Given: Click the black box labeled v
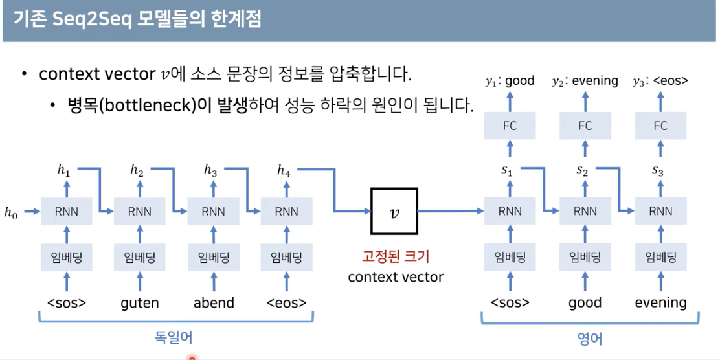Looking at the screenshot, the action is pyautogui.click(x=394, y=211).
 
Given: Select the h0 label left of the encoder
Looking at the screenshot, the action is pyautogui.click(x=11, y=212).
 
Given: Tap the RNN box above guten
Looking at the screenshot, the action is pyautogui.click(x=140, y=212).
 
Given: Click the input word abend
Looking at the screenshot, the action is pyautogui.click(x=214, y=302).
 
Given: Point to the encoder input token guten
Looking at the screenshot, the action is pyautogui.click(x=140, y=302).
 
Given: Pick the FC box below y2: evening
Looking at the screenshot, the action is pyautogui.click(x=585, y=126).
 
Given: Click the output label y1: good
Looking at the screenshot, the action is pyautogui.click(x=510, y=81).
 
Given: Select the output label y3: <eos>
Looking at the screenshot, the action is pyautogui.click(x=660, y=81).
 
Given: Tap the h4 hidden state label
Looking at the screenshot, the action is pyautogui.click(x=284, y=171).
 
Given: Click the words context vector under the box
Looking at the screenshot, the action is pyautogui.click(x=396, y=277).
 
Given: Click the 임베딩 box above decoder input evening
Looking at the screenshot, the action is pyautogui.click(x=660, y=258).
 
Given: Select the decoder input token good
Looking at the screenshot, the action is pyautogui.click(x=585, y=302).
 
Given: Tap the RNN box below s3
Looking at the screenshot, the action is pyautogui.click(x=660, y=212).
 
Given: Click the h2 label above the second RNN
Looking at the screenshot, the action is pyautogui.click(x=137, y=171).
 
